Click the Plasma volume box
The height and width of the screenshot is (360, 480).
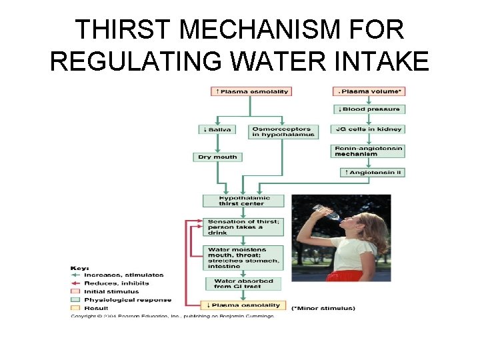(x=369, y=91)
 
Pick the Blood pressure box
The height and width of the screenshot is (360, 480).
(x=369, y=109)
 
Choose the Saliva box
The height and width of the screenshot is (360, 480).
(x=216, y=129)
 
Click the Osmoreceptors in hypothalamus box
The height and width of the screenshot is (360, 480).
(x=281, y=132)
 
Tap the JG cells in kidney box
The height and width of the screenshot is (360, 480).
(x=369, y=129)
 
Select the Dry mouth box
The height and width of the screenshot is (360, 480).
(x=217, y=157)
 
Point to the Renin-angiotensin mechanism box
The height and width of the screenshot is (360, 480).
(x=369, y=151)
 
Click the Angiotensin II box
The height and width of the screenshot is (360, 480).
(x=373, y=173)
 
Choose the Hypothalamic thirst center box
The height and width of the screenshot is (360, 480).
(x=243, y=201)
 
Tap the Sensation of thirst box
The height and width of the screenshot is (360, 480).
(x=243, y=227)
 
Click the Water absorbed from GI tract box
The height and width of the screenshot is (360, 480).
(x=243, y=284)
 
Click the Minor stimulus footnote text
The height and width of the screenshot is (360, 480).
(x=324, y=309)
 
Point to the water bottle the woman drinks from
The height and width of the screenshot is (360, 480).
(x=323, y=211)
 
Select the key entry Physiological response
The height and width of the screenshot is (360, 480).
(x=127, y=300)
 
